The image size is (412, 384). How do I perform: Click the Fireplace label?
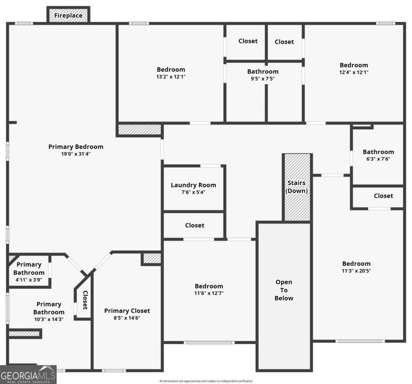68,15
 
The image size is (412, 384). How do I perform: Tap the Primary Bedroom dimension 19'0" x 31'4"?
76,154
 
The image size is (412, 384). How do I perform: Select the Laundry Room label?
193,185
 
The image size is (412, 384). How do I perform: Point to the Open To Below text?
284,290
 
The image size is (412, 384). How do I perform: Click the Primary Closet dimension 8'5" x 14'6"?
127,318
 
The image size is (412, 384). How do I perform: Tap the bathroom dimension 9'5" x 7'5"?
263,79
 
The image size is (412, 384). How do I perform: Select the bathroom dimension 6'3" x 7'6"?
378,159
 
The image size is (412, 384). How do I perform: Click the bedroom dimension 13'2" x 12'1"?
171,77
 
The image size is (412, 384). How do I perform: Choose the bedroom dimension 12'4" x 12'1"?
354,72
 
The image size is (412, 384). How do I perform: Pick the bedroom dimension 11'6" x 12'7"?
209,293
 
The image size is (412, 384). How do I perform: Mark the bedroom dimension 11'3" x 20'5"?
356,271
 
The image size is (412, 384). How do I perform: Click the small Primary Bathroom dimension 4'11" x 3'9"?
29,280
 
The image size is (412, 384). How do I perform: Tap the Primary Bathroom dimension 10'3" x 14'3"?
48,319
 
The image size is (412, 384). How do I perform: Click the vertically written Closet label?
85,300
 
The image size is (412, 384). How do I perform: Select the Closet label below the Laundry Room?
194,225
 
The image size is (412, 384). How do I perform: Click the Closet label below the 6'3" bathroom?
383,196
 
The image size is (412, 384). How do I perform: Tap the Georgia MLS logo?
28,374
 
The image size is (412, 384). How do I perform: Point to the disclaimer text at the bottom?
206,381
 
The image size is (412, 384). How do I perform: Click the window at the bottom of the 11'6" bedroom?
209,342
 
